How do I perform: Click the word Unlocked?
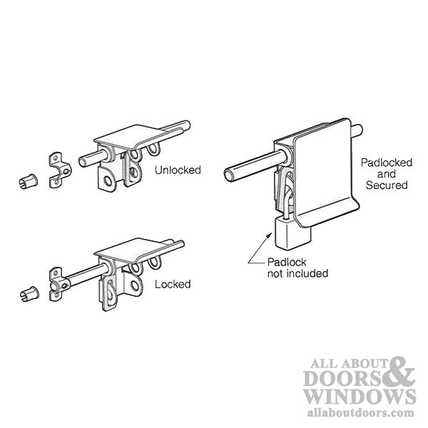[178, 170]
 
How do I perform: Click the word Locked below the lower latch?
[173, 284]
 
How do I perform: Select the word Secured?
[384, 185]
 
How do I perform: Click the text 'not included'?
[297, 273]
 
